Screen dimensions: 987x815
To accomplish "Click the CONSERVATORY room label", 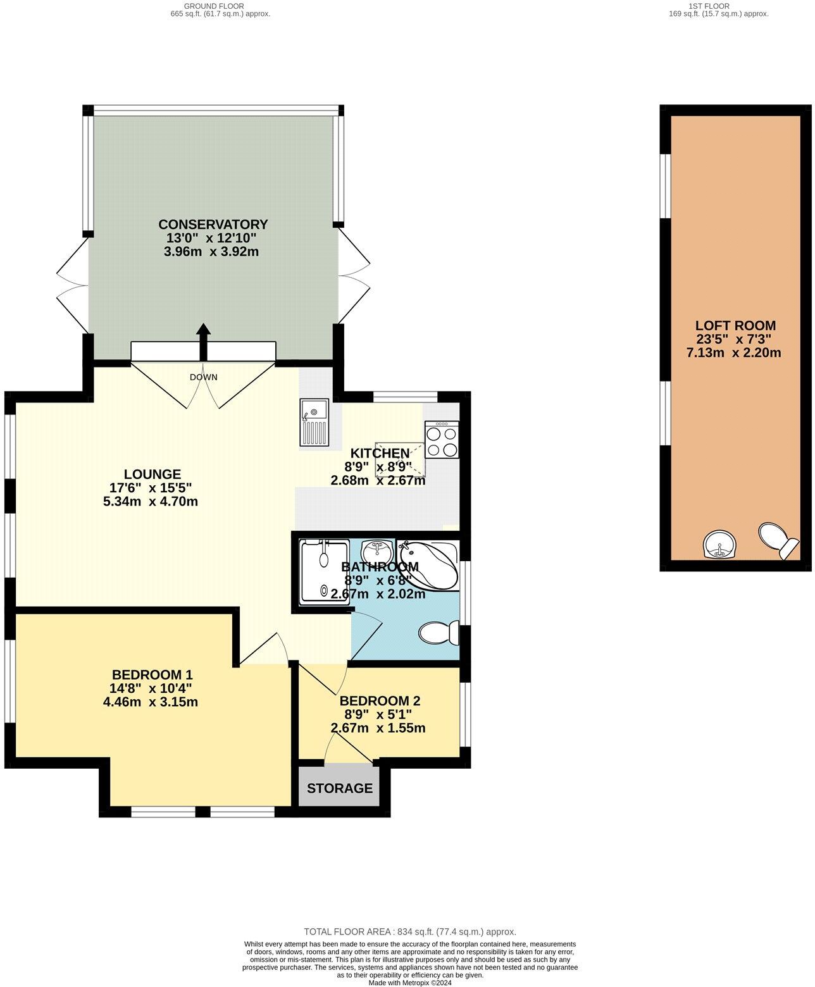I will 213,225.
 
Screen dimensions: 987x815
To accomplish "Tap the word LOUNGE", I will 152,475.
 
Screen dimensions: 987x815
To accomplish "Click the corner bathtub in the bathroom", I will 430,563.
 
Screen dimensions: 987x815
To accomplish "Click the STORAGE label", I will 340,788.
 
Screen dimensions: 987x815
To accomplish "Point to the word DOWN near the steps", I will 203,378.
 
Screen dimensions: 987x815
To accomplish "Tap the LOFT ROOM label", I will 734,326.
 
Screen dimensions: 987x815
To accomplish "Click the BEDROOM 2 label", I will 380,701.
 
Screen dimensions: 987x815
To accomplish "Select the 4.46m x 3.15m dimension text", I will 151,702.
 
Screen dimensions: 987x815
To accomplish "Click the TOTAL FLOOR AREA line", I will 410,931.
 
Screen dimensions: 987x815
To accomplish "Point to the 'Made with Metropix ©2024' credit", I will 410,983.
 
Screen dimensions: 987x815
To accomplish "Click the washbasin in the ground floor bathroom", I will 378,549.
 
